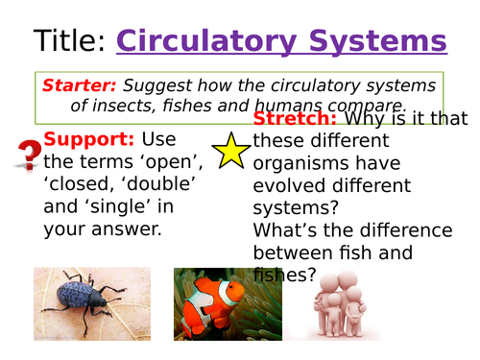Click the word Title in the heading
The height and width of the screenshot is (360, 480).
69,41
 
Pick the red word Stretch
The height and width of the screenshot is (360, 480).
294,119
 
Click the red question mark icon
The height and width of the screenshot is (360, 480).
29,154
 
